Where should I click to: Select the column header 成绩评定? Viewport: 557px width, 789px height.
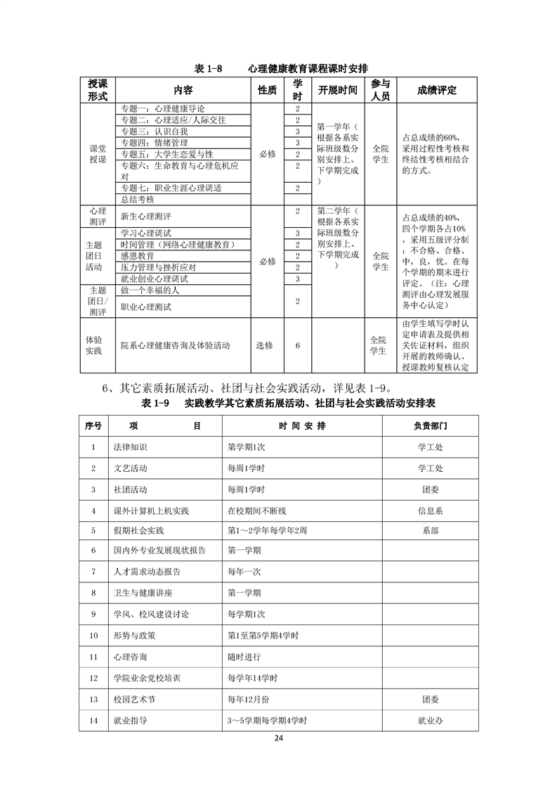pyautogui.click(x=437, y=90)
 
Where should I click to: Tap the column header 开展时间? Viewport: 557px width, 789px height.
pyautogui.click(x=338, y=90)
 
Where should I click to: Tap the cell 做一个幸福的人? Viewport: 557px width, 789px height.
pyautogui.click(x=152, y=290)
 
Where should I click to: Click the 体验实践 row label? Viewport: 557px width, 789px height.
pyautogui.click(x=93, y=345)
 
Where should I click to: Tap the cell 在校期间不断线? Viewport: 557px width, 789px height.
pyautogui.click(x=255, y=510)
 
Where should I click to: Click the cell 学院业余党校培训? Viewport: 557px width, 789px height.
pyautogui.click(x=147, y=679)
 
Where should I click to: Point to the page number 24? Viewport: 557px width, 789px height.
pyautogui.click(x=279, y=738)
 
